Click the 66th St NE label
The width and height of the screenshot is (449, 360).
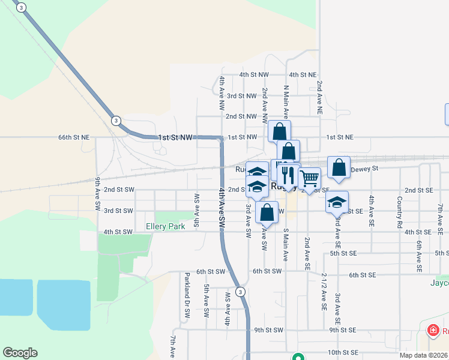point(74,137)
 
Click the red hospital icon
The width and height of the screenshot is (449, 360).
point(432,330)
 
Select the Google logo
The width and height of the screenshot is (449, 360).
point(20,353)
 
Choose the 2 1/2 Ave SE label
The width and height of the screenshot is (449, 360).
point(324,291)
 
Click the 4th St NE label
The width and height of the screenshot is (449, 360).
point(303,75)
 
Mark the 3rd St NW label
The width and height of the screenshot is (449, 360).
point(241,96)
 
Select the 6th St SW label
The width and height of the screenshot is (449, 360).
point(267,271)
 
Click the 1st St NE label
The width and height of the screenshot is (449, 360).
point(340,137)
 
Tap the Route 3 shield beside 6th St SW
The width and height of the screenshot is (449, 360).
point(240,292)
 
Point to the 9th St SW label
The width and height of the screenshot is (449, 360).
point(268,330)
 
